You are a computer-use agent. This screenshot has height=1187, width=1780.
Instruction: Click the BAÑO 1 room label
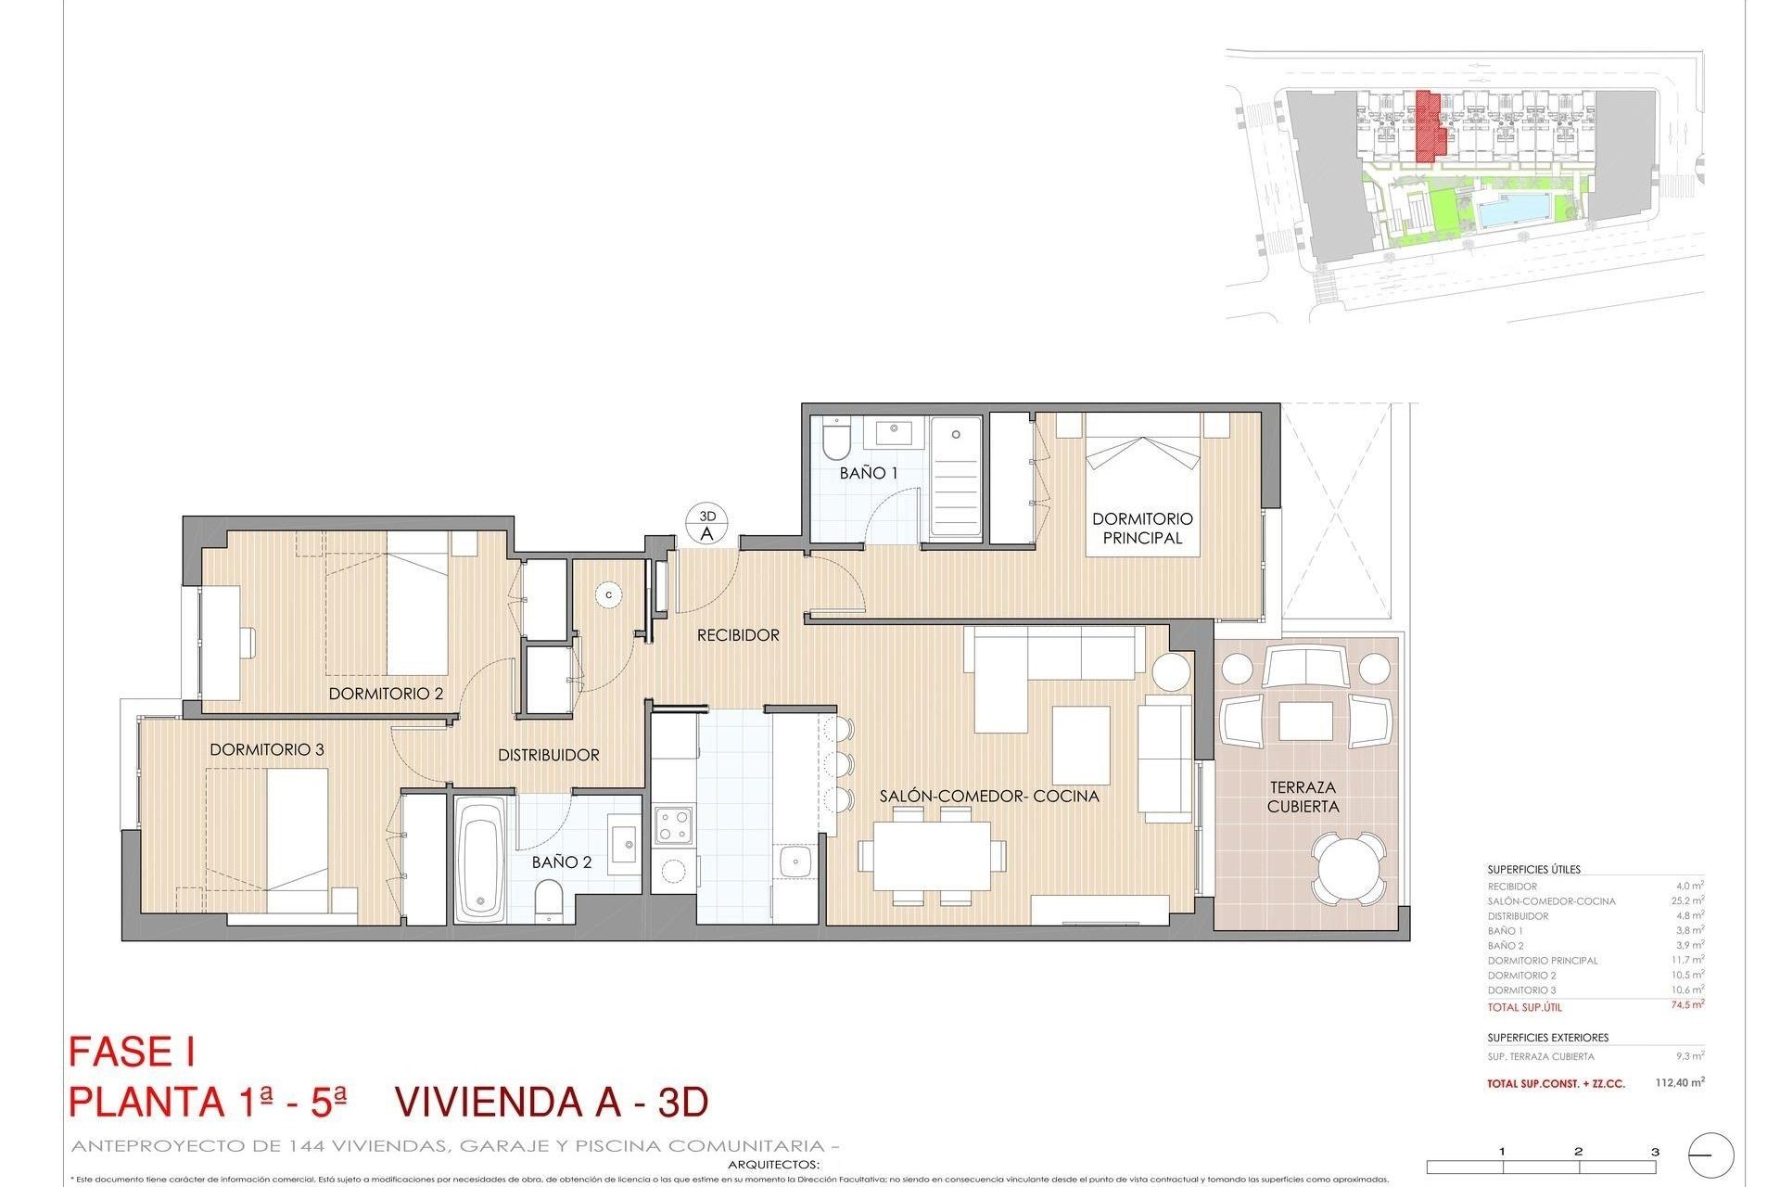pos(868,473)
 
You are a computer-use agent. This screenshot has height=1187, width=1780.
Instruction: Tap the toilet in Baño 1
pos(835,441)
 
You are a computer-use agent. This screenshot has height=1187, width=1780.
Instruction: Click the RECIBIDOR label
pos(738,635)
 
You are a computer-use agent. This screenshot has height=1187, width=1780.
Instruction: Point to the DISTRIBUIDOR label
pos(549,755)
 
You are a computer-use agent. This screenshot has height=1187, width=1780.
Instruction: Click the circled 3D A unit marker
pos(707,525)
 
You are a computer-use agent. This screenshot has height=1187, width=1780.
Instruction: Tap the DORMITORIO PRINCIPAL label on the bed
pos(1142,528)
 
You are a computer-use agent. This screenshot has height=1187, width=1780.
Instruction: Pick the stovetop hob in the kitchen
pos(673,825)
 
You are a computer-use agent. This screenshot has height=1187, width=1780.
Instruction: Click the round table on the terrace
pos(1350,867)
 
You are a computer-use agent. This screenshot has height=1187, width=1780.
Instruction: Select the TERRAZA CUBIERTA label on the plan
pos(1303,797)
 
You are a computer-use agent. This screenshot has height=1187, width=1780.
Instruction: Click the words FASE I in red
pos(132,1053)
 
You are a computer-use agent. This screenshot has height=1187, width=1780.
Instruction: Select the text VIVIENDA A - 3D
pos(552,1102)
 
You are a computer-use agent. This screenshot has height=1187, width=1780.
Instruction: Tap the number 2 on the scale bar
pos(1578,1153)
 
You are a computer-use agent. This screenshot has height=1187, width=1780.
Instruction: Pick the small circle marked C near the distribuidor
pos(609,594)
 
